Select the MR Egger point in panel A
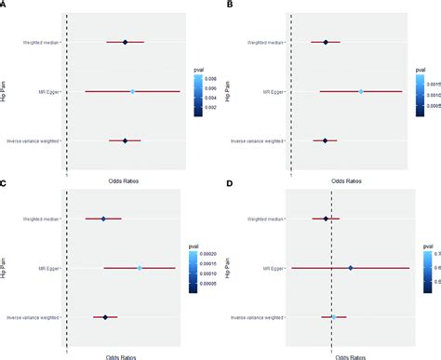133,91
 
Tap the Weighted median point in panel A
125,42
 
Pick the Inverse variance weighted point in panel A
125,140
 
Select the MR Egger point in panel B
361,91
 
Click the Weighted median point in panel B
326,42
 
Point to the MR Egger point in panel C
140,268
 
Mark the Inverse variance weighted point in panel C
105,317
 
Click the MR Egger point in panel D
351,268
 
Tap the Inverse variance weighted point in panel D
334,317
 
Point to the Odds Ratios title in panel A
121,174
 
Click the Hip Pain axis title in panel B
233,91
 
